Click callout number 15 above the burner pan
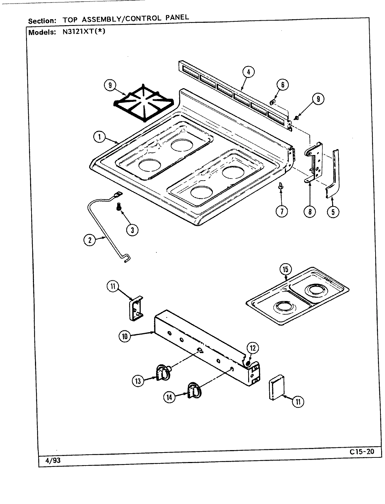point(286,269)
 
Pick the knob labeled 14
point(194,390)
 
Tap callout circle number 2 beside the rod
point(90,240)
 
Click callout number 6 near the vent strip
point(282,85)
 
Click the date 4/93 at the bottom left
point(53,461)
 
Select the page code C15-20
point(361,452)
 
